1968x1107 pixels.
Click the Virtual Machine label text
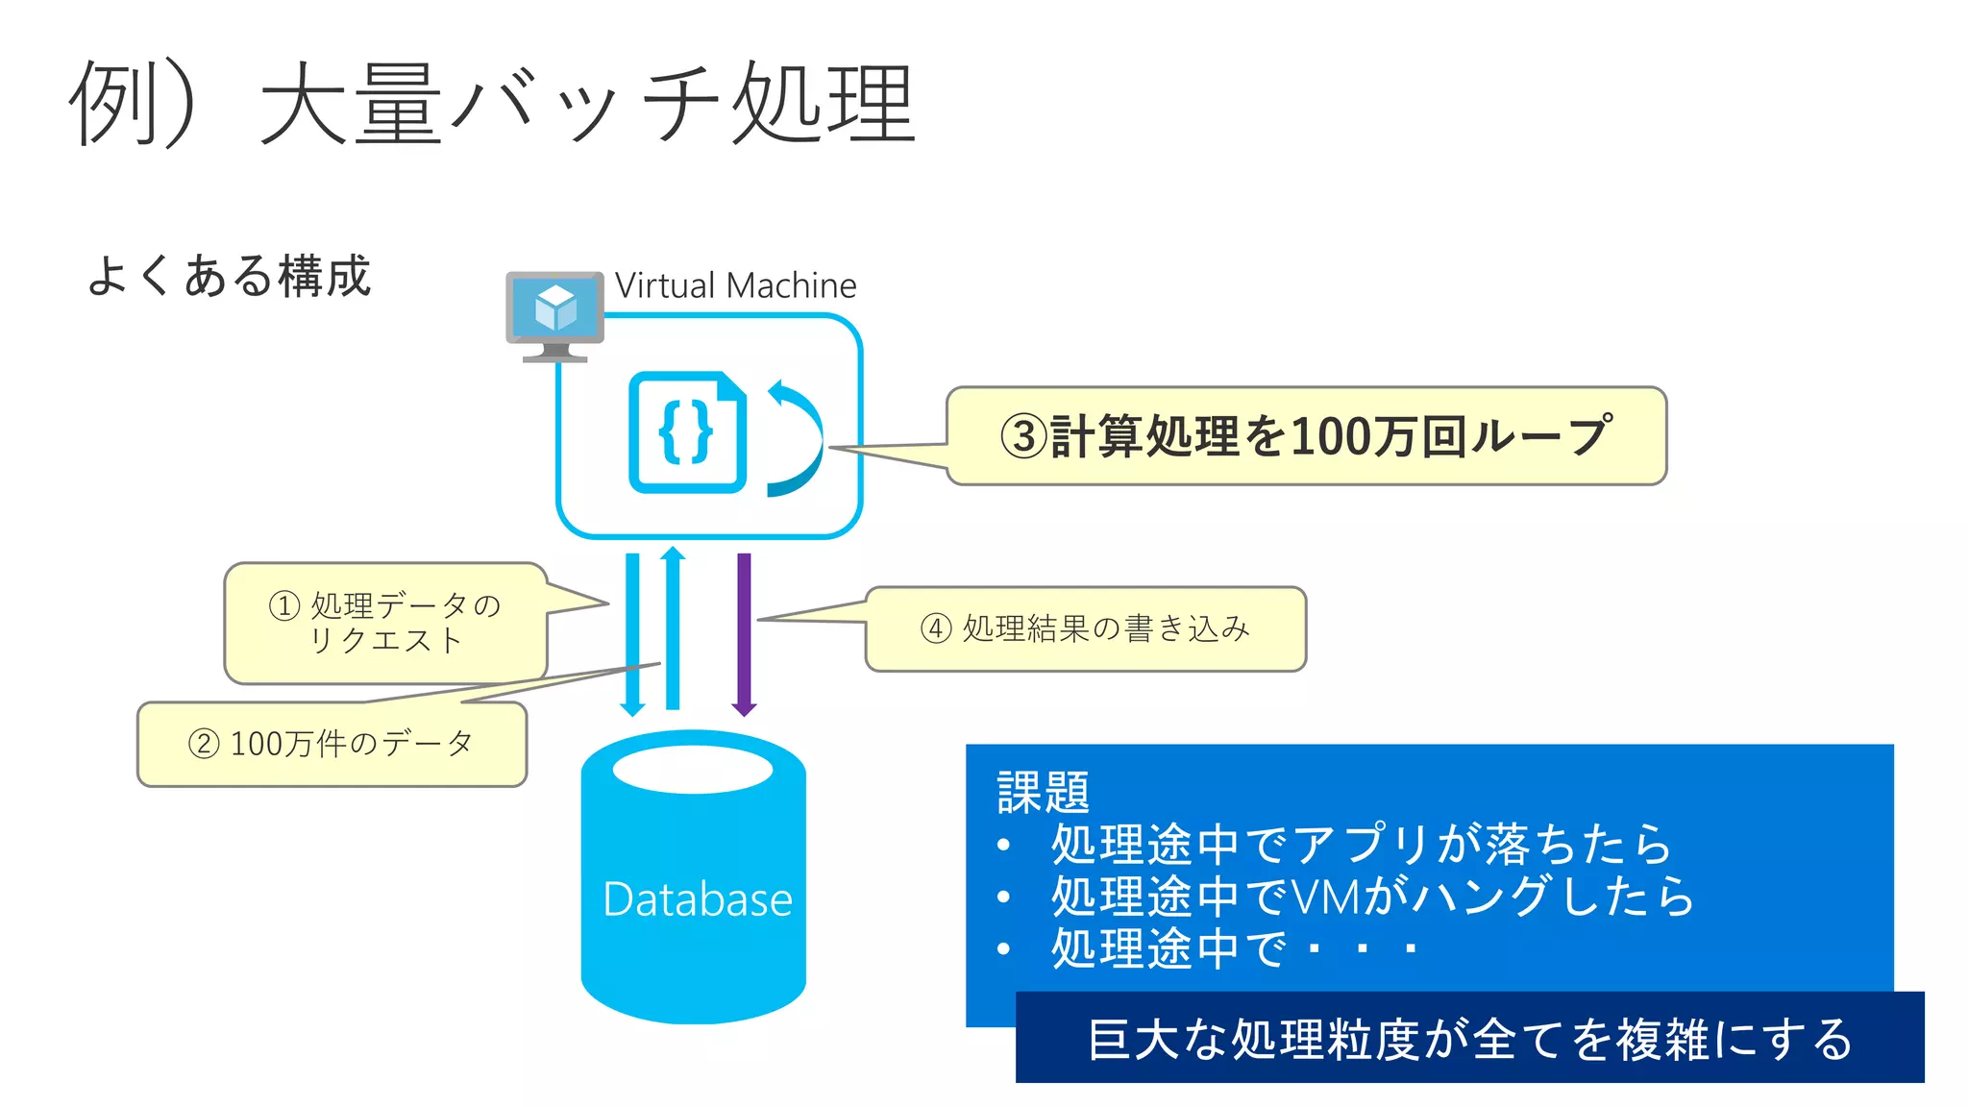[735, 285]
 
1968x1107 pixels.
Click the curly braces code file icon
[687, 432]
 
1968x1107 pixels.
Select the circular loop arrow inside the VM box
[796, 438]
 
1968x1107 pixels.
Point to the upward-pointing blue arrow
[673, 629]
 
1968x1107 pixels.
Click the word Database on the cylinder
[697, 899]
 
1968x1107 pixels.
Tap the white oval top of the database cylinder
[693, 769]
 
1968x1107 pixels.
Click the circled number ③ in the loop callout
[1022, 437]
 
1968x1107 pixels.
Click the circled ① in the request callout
[284, 605]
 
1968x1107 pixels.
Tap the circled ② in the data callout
[204, 744]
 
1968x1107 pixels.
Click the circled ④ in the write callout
[936, 628]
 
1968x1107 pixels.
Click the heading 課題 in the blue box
[1043, 793]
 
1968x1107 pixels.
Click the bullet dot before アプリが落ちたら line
[1003, 846]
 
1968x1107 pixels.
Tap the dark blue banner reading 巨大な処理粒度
[1468, 1039]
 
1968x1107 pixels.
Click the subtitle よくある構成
[229, 277]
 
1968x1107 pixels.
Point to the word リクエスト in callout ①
[386, 640]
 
